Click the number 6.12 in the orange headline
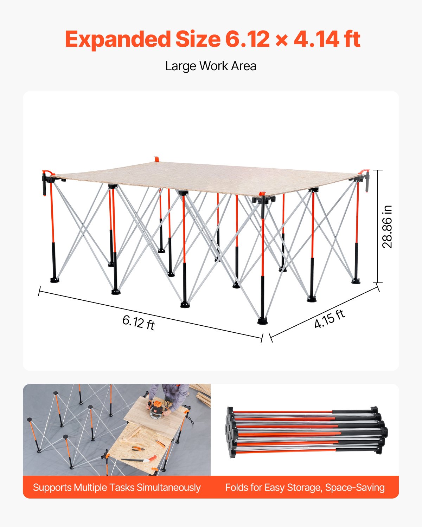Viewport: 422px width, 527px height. [247, 39]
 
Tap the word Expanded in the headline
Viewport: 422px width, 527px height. [118, 39]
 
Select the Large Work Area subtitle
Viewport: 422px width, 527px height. [211, 66]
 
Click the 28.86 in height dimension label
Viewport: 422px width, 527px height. [387, 227]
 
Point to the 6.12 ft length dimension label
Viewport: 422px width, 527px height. [139, 322]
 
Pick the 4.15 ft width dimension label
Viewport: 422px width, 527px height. [330, 319]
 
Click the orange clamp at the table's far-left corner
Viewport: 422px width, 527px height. [47, 173]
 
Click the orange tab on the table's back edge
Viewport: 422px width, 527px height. [157, 159]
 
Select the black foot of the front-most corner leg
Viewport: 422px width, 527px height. [262, 321]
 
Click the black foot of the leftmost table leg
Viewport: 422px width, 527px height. [55, 280]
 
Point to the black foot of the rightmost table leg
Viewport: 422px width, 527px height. [356, 281]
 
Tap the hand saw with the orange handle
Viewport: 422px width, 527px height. [139, 459]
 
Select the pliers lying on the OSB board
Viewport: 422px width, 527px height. [138, 449]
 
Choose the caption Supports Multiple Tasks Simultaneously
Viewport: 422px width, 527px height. [117, 488]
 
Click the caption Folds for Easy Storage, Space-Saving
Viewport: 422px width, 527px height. [305, 488]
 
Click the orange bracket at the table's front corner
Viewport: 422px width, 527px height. [262, 194]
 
